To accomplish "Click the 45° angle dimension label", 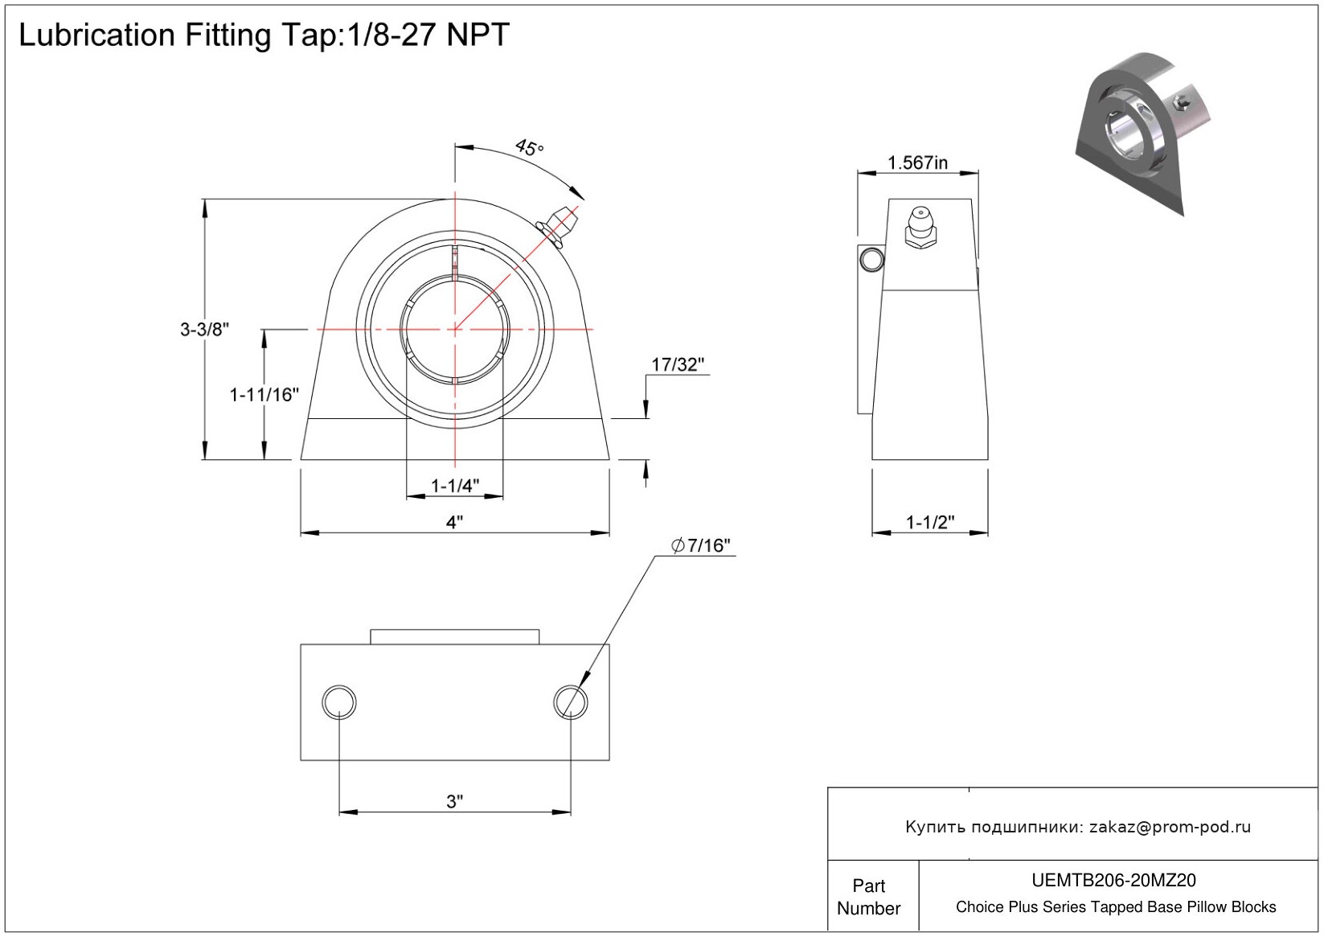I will [529, 148].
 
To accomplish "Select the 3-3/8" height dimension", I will [204, 329].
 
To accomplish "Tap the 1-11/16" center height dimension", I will [264, 394].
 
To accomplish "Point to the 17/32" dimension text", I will [677, 364].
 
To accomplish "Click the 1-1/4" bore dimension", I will [455, 485].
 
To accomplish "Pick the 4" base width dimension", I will [455, 522].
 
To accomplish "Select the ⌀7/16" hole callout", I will [701, 545].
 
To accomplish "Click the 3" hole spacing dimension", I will [455, 801].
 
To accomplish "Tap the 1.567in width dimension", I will [917, 162].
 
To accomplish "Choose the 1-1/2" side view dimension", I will [930, 522].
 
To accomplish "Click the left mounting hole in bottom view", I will [339, 702].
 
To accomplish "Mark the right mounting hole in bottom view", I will [571, 702].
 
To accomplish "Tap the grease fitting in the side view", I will [920, 228].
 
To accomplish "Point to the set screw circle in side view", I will [871, 259].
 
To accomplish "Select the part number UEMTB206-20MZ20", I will [1113, 881].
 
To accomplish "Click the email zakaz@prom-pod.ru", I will [1170, 827].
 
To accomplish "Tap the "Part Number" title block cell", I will [868, 897].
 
